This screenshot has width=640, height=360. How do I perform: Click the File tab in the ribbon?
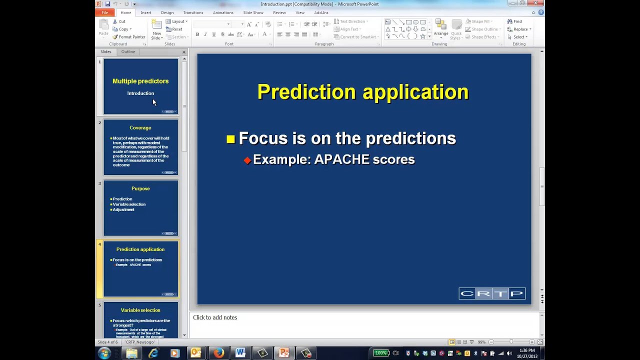click(x=105, y=12)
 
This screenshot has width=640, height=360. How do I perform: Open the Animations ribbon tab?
click(x=223, y=12)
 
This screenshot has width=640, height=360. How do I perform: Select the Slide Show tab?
click(x=253, y=12)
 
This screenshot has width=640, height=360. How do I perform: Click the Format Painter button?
click(x=129, y=37)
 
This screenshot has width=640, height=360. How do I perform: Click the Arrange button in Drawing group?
click(x=440, y=30)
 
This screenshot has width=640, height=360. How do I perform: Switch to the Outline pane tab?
click(x=128, y=51)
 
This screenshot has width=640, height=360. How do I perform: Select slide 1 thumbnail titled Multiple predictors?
click(x=140, y=86)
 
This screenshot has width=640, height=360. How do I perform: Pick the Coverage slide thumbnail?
click(x=140, y=147)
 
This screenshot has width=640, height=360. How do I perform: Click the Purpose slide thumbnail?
click(x=140, y=208)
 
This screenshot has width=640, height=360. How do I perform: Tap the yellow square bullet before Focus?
click(x=230, y=139)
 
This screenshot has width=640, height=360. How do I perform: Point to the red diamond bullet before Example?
click(x=247, y=160)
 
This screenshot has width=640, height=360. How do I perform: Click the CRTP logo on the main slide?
click(x=491, y=293)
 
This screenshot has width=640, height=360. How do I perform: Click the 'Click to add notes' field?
click(x=215, y=317)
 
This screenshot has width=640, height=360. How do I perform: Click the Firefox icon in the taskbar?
click(x=218, y=353)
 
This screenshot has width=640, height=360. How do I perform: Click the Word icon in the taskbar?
click(x=240, y=353)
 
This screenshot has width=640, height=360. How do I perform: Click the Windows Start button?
click(x=104, y=353)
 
